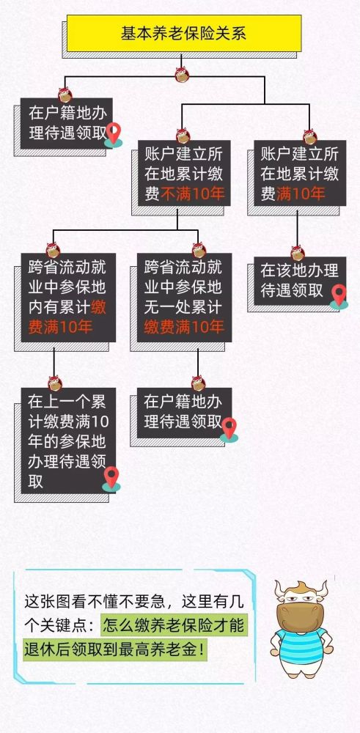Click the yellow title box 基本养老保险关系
tap(184, 33)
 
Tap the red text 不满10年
tap(193, 194)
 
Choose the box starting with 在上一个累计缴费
tap(68, 441)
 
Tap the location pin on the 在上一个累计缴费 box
tap(111, 479)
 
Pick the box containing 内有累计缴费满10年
tap(68, 298)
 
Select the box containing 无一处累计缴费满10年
tap(184, 298)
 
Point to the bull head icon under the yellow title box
tap(182, 74)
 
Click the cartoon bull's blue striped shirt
tap(301, 646)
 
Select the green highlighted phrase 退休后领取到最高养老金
tap(115, 650)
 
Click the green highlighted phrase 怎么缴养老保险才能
tap(172, 625)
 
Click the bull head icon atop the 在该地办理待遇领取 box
tap(298, 253)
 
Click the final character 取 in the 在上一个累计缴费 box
tap(35, 481)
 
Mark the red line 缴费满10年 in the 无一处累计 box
tap(184, 326)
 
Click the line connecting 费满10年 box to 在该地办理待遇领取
tap(298, 228)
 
